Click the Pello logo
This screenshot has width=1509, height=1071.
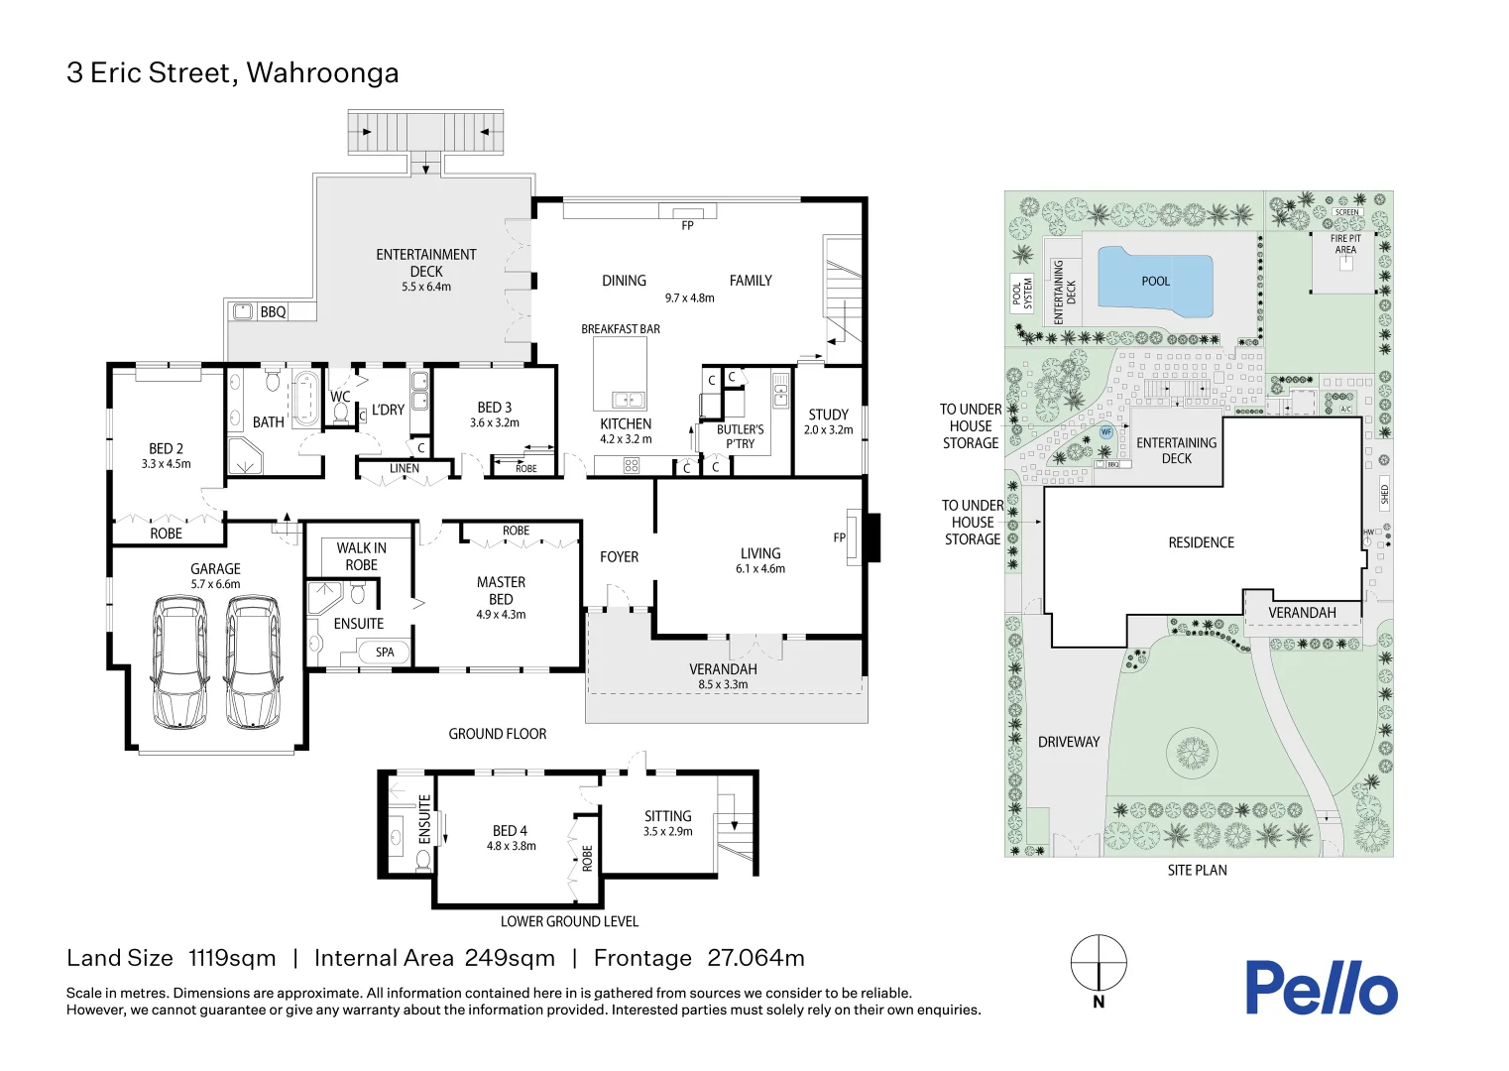click(x=1321, y=988)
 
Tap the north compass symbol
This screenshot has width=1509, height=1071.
click(x=1099, y=963)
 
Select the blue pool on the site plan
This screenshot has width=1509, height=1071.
click(x=1155, y=282)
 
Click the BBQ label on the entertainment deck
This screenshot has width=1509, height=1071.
click(x=273, y=312)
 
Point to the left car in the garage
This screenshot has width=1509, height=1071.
click(x=179, y=661)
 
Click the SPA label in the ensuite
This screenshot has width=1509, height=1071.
click(x=385, y=653)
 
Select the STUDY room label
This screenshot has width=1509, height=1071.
click(x=828, y=415)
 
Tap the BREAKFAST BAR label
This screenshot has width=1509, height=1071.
click(x=621, y=329)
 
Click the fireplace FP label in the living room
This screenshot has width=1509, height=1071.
click(x=839, y=537)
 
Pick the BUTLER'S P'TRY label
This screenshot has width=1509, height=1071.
click(x=740, y=436)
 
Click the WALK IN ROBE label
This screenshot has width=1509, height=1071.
click(x=361, y=556)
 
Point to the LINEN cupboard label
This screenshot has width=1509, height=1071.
click(x=404, y=469)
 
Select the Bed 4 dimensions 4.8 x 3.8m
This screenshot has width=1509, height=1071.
click(x=511, y=847)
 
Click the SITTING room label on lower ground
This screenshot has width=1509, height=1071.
click(x=667, y=816)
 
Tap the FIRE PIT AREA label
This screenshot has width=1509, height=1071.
click(x=1345, y=244)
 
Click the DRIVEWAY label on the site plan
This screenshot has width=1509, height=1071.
click(x=1069, y=742)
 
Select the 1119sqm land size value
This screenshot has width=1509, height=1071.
click(x=232, y=958)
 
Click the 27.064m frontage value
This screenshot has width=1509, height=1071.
click(x=755, y=958)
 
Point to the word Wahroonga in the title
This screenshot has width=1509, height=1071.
click(x=322, y=73)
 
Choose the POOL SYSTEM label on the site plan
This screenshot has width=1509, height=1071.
click(x=1022, y=294)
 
